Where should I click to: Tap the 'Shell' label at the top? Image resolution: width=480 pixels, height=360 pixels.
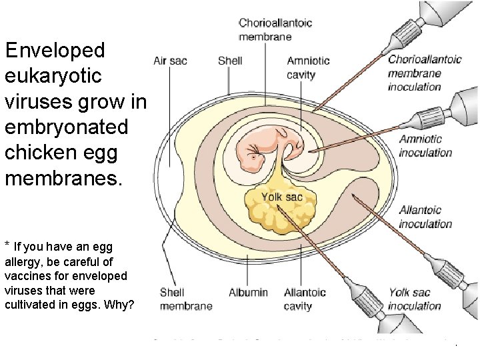tap(230, 61)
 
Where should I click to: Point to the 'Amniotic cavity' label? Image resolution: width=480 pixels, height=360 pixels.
tap(308, 67)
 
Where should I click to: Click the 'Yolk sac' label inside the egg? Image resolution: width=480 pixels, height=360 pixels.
tap(281, 197)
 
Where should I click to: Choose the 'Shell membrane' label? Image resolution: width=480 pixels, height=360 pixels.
tap(186, 299)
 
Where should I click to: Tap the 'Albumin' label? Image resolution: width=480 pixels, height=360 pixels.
tap(248, 293)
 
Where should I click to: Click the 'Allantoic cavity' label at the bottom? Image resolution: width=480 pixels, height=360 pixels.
tap(305, 299)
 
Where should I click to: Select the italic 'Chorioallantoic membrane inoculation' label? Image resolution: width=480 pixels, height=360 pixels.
tap(425, 73)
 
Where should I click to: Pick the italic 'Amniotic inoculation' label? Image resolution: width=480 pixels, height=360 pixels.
tap(425, 145)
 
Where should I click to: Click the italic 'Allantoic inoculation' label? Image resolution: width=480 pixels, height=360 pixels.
tap(425, 217)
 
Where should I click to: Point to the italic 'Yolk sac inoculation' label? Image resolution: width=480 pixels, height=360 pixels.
tap(415, 299)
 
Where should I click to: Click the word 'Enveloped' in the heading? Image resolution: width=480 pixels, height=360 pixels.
tap(55, 50)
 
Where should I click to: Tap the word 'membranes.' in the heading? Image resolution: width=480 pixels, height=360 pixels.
tap(64, 178)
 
